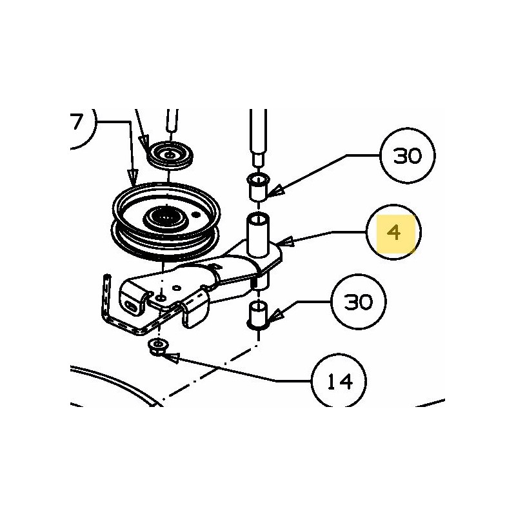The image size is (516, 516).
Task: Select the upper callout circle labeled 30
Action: [407, 156]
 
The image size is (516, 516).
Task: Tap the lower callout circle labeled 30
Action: [359, 302]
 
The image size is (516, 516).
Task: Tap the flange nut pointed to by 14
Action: [156, 347]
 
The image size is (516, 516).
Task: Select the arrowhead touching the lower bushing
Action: [270, 317]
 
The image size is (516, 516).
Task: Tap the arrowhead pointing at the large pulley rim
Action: [132, 183]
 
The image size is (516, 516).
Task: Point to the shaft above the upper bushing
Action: [257, 135]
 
